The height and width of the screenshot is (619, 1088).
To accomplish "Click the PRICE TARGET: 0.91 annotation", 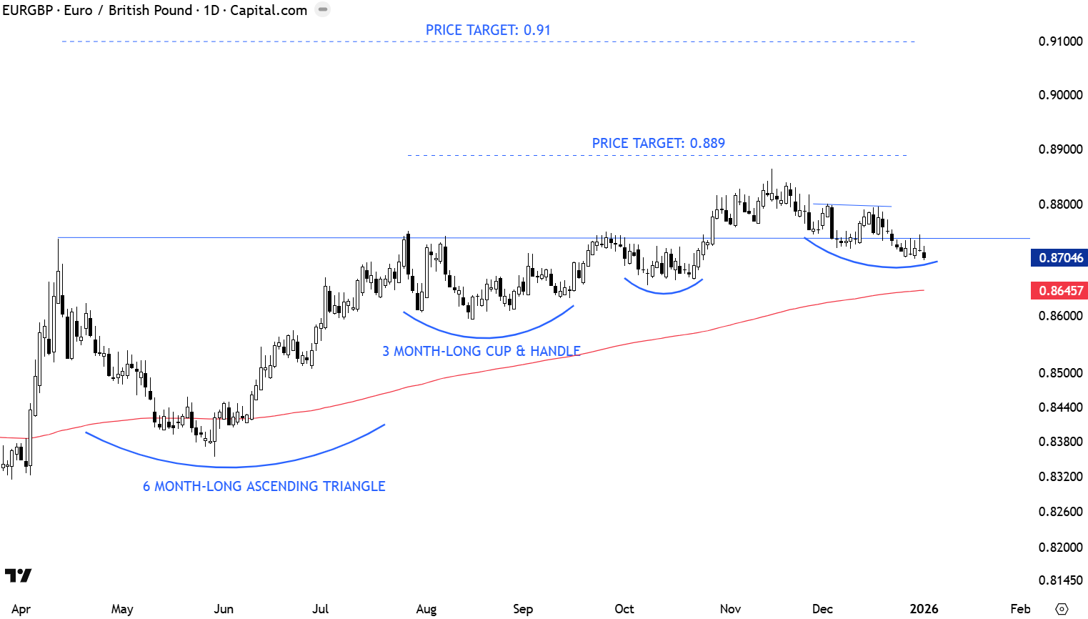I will click(x=488, y=30).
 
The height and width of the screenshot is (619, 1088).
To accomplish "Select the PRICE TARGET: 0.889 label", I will click(x=658, y=143).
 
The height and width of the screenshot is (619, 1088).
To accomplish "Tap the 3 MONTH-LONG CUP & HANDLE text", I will click(x=481, y=351).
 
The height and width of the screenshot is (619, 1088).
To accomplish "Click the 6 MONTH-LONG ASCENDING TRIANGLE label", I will click(x=264, y=486).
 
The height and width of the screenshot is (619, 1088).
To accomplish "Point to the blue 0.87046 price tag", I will click(x=1060, y=258).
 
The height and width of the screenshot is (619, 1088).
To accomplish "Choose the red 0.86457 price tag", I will click(x=1060, y=291).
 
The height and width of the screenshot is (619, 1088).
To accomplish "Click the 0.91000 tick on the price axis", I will click(x=1060, y=41).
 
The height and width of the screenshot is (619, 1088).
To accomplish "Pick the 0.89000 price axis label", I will click(x=1060, y=149).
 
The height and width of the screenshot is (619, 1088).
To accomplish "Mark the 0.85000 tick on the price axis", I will click(x=1060, y=373).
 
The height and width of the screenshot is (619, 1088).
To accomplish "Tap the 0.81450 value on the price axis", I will click(x=1060, y=580).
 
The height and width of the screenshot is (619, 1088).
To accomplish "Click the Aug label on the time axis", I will click(x=426, y=609).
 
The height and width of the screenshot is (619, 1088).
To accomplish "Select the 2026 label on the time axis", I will click(x=924, y=609).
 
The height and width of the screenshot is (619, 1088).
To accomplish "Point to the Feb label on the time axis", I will click(x=1020, y=609).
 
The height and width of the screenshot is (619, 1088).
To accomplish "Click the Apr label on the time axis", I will click(x=21, y=609).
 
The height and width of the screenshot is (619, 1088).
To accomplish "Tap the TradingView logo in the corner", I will click(x=18, y=575).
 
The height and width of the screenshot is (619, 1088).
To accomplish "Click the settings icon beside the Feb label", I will click(x=1062, y=609).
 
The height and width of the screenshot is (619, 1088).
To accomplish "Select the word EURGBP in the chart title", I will click(x=27, y=11).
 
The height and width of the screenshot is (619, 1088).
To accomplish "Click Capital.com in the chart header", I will click(x=269, y=11).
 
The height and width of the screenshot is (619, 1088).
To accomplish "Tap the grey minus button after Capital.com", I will click(x=323, y=10).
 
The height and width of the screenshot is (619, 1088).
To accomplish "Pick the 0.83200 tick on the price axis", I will click(x=1060, y=477).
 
